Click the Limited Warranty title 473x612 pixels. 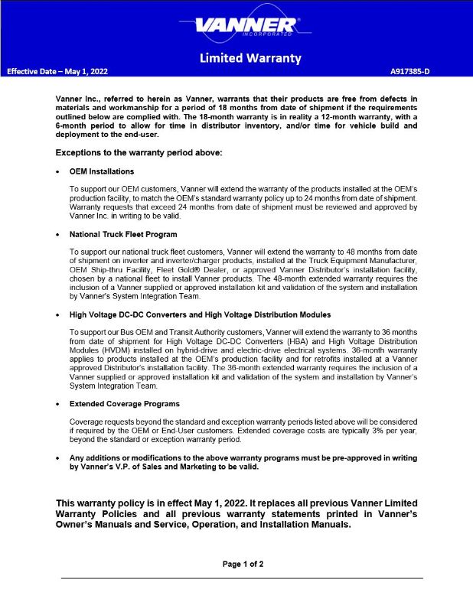point(250,58)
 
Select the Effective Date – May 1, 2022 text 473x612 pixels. point(57,71)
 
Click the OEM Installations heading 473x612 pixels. point(102,171)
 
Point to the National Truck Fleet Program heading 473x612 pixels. point(123,234)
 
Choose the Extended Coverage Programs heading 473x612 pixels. point(125,403)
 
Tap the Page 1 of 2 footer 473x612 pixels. point(243,564)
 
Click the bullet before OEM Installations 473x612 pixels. point(59,171)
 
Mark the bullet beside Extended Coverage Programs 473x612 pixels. point(59,403)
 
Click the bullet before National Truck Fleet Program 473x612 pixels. point(59,234)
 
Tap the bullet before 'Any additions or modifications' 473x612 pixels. point(59,457)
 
